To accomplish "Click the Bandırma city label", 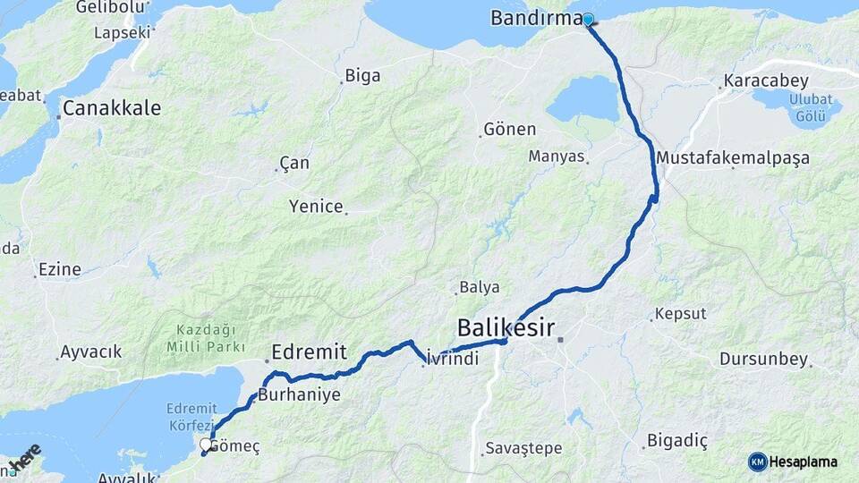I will pyautogui.click(x=536, y=18).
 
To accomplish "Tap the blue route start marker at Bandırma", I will pyautogui.click(x=589, y=19).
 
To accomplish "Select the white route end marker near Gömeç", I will pyautogui.click(x=206, y=444).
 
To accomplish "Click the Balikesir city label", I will pyautogui.click(x=506, y=326).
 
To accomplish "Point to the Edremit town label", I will pyautogui.click(x=309, y=352).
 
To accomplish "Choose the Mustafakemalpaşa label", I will pyautogui.click(x=733, y=158).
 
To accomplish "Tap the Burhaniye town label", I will pyautogui.click(x=300, y=394).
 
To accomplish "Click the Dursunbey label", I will pyautogui.click(x=763, y=360).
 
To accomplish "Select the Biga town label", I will pyautogui.click(x=362, y=76).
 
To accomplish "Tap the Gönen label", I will pyautogui.click(x=509, y=129).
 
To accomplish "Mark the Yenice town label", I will pyautogui.click(x=316, y=207).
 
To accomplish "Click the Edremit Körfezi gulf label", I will pyautogui.click(x=191, y=417).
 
